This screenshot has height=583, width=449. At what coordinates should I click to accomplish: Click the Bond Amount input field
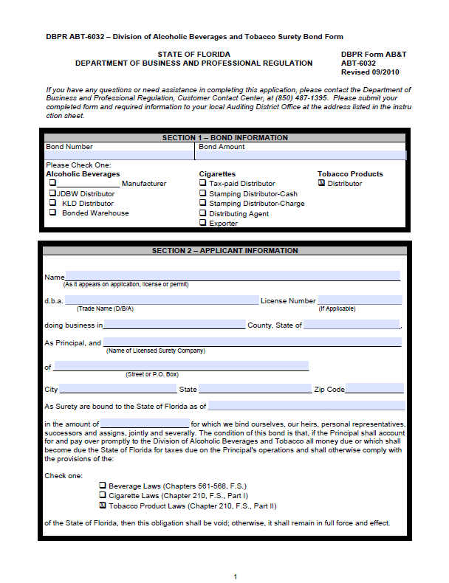click(301, 156)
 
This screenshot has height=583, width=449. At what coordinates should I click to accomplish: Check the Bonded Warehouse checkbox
click(52, 213)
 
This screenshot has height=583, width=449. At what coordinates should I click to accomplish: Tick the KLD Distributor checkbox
click(52, 202)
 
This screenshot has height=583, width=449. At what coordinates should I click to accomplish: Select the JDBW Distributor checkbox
click(52, 193)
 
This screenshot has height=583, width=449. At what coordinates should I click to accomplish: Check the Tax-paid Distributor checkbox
click(203, 183)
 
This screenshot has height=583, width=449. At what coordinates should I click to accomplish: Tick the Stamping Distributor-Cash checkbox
click(203, 193)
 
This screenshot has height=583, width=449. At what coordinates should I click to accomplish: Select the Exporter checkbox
click(203, 223)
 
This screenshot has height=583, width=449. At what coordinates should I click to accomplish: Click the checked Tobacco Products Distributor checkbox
click(321, 183)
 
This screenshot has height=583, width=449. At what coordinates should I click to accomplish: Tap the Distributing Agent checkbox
click(203, 213)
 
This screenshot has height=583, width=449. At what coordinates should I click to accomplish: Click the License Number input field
click(360, 300)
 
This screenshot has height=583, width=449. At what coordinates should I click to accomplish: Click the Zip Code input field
click(374, 389)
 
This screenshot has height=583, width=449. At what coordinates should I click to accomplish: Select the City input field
click(118, 389)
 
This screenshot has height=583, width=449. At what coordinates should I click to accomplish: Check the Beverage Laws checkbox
click(103, 486)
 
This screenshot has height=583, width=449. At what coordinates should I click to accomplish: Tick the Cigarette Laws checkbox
click(103, 496)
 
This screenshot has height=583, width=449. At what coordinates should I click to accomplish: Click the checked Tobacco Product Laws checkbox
click(103, 506)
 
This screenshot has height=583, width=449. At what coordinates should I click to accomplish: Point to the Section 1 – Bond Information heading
click(224, 138)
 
